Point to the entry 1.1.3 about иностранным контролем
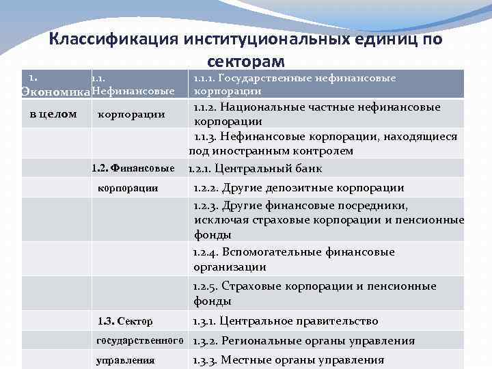(x=325, y=143)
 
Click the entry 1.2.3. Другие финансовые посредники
(x=328, y=219)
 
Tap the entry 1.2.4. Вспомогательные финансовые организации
(x=294, y=260)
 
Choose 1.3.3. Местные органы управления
(x=288, y=360)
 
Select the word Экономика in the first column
(x=55, y=92)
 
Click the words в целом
(x=53, y=113)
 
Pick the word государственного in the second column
(x=140, y=340)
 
